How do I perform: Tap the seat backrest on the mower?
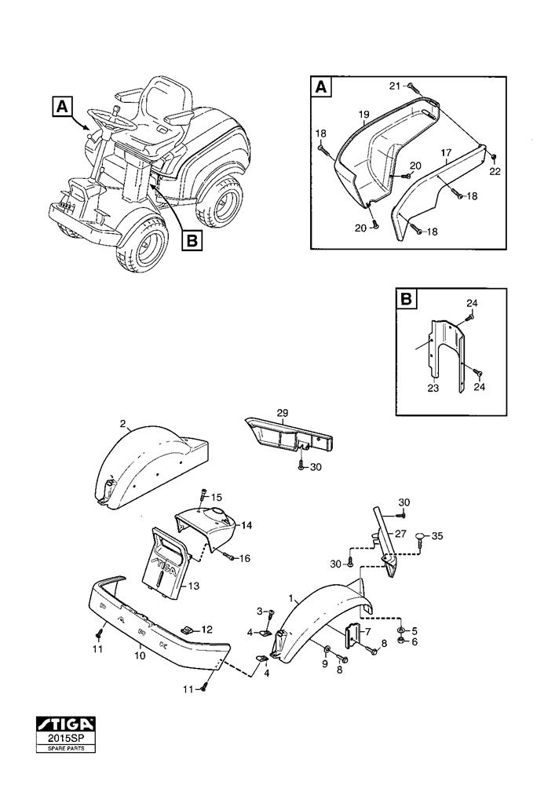pos(168,93)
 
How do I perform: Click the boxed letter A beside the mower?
pos(64,107)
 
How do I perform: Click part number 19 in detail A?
pos(363,115)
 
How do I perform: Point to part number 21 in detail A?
pos(395,85)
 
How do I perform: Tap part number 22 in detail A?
pos(495,172)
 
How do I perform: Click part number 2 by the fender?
pos(123,424)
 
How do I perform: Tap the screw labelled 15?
pos(203,496)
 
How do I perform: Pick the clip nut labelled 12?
pos(187,630)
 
